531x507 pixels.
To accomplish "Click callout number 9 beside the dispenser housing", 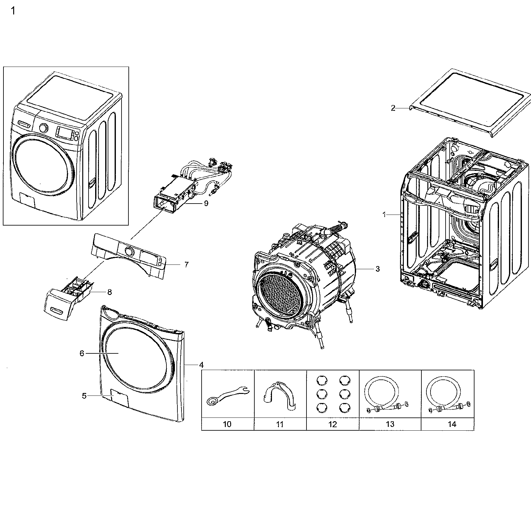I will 206,203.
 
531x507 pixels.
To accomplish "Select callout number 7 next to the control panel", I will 186,264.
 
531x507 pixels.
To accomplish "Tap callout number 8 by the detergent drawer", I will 109,292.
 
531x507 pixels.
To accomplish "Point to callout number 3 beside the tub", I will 377,269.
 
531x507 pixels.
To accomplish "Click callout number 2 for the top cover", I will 393,108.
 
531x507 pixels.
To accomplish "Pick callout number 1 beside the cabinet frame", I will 384,215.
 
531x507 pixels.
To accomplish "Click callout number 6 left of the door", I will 82,353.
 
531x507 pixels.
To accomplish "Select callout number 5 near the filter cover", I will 84,396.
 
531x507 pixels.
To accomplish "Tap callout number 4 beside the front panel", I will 201,365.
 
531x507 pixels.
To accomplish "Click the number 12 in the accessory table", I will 332,424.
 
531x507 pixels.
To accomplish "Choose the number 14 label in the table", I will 452,424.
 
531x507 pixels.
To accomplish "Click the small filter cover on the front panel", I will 120,398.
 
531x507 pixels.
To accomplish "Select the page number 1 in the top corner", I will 13,12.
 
